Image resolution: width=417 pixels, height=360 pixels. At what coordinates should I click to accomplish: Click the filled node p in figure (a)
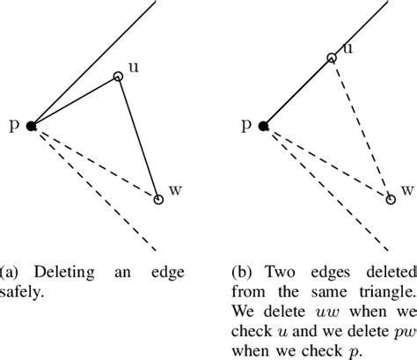[x=32, y=127]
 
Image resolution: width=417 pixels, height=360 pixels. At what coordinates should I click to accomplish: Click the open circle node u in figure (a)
[x=119, y=77]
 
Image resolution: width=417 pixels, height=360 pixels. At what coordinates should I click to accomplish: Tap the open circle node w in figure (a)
[x=158, y=200]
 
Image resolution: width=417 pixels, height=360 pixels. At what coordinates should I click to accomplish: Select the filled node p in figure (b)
[x=264, y=127]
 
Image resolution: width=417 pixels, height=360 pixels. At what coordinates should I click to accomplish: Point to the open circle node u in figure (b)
[x=332, y=58]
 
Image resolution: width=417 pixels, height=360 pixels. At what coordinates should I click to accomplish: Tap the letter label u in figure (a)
[x=133, y=67]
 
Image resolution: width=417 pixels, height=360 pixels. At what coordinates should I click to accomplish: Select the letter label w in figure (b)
[x=406, y=191]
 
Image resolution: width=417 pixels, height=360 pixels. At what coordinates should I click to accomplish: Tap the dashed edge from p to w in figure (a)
[x=95, y=164]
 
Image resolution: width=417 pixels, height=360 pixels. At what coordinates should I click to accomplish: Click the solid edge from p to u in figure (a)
[x=76, y=101]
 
